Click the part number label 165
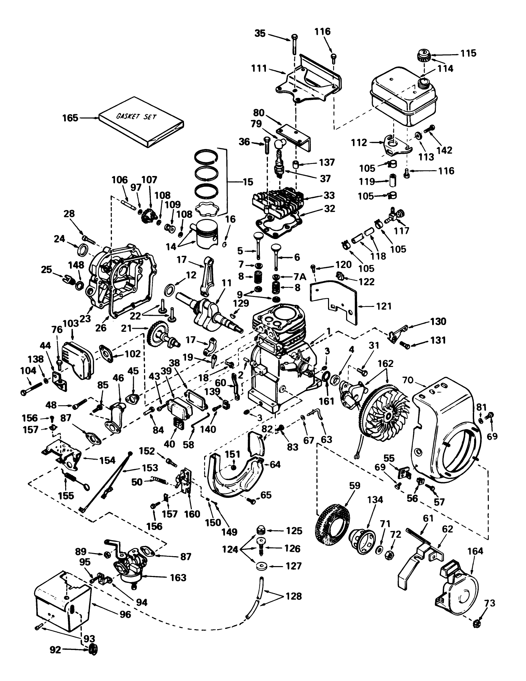[70, 118]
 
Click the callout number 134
[375, 500]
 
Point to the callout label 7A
[298, 275]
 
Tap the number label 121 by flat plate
[384, 306]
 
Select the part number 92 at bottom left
[55, 660]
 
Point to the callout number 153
[150, 468]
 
